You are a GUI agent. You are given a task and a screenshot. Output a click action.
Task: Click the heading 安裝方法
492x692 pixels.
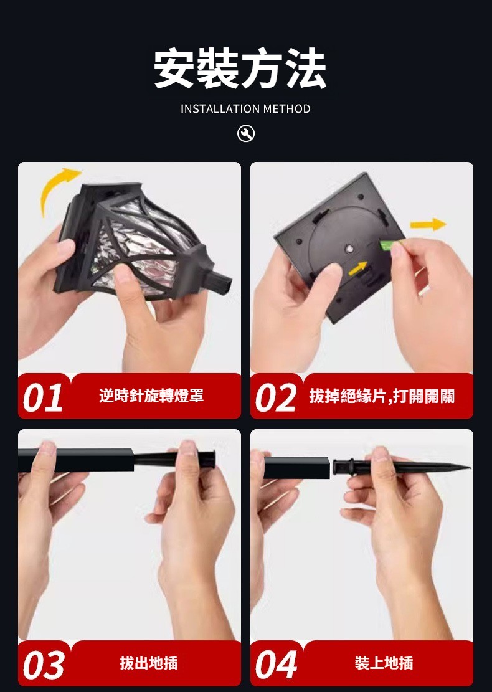coord(240,69)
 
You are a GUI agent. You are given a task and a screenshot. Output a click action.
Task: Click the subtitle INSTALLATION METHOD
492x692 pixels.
coord(245,108)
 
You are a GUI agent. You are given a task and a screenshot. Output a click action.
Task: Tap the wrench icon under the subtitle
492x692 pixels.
coord(246,133)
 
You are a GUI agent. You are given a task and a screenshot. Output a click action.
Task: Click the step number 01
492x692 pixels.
coord(42,397)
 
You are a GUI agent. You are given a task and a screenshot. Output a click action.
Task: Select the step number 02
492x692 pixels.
coord(276,397)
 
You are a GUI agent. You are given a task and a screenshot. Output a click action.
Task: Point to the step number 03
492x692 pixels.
coord(43,665)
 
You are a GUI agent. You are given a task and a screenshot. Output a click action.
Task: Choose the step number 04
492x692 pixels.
coord(276,665)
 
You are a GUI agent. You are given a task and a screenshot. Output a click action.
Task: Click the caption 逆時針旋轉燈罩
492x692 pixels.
coord(151,396)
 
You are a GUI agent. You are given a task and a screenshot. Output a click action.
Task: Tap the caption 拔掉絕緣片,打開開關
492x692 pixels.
coord(382,396)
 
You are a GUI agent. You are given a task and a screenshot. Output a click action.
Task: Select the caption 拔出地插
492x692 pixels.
coord(149,663)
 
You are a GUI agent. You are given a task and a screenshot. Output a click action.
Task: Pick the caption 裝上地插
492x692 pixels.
coord(384,663)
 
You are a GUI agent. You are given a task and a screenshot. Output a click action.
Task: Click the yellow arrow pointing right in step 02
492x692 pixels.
coord(428,224)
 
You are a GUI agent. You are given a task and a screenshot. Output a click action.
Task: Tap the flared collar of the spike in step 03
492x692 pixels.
coord(211,458)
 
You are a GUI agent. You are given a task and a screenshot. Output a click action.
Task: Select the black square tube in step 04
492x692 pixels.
coord(296,468)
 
